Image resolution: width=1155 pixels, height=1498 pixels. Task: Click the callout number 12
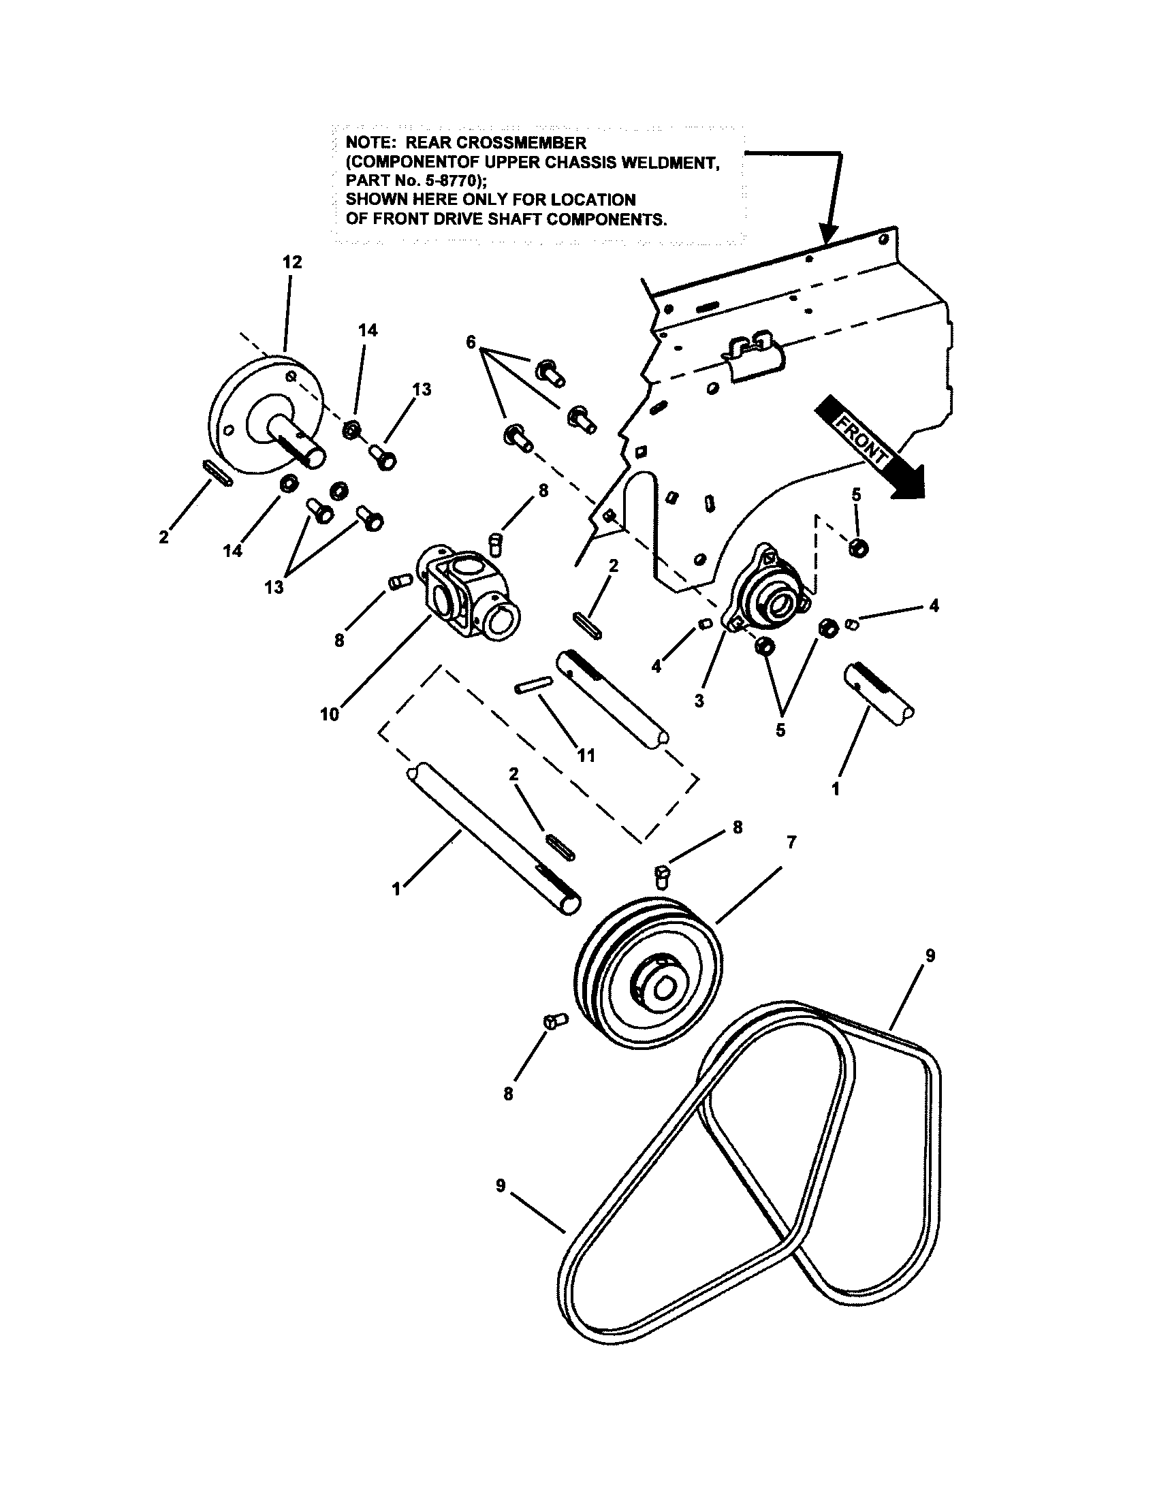[x=292, y=262]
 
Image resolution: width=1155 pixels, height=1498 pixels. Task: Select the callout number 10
[x=329, y=714]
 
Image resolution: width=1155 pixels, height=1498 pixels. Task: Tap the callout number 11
[x=586, y=756]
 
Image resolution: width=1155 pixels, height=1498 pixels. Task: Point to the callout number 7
[x=791, y=842]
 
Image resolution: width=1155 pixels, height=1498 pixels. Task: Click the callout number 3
[x=699, y=701]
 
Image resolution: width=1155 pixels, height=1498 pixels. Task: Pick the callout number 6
[x=471, y=342]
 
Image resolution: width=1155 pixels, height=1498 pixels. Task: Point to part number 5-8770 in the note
[x=446, y=181]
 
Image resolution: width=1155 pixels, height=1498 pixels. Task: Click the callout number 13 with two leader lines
[x=274, y=588]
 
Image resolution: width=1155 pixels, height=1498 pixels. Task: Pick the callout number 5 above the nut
[x=856, y=494]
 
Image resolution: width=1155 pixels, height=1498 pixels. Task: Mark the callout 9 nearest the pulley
[x=930, y=955]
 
